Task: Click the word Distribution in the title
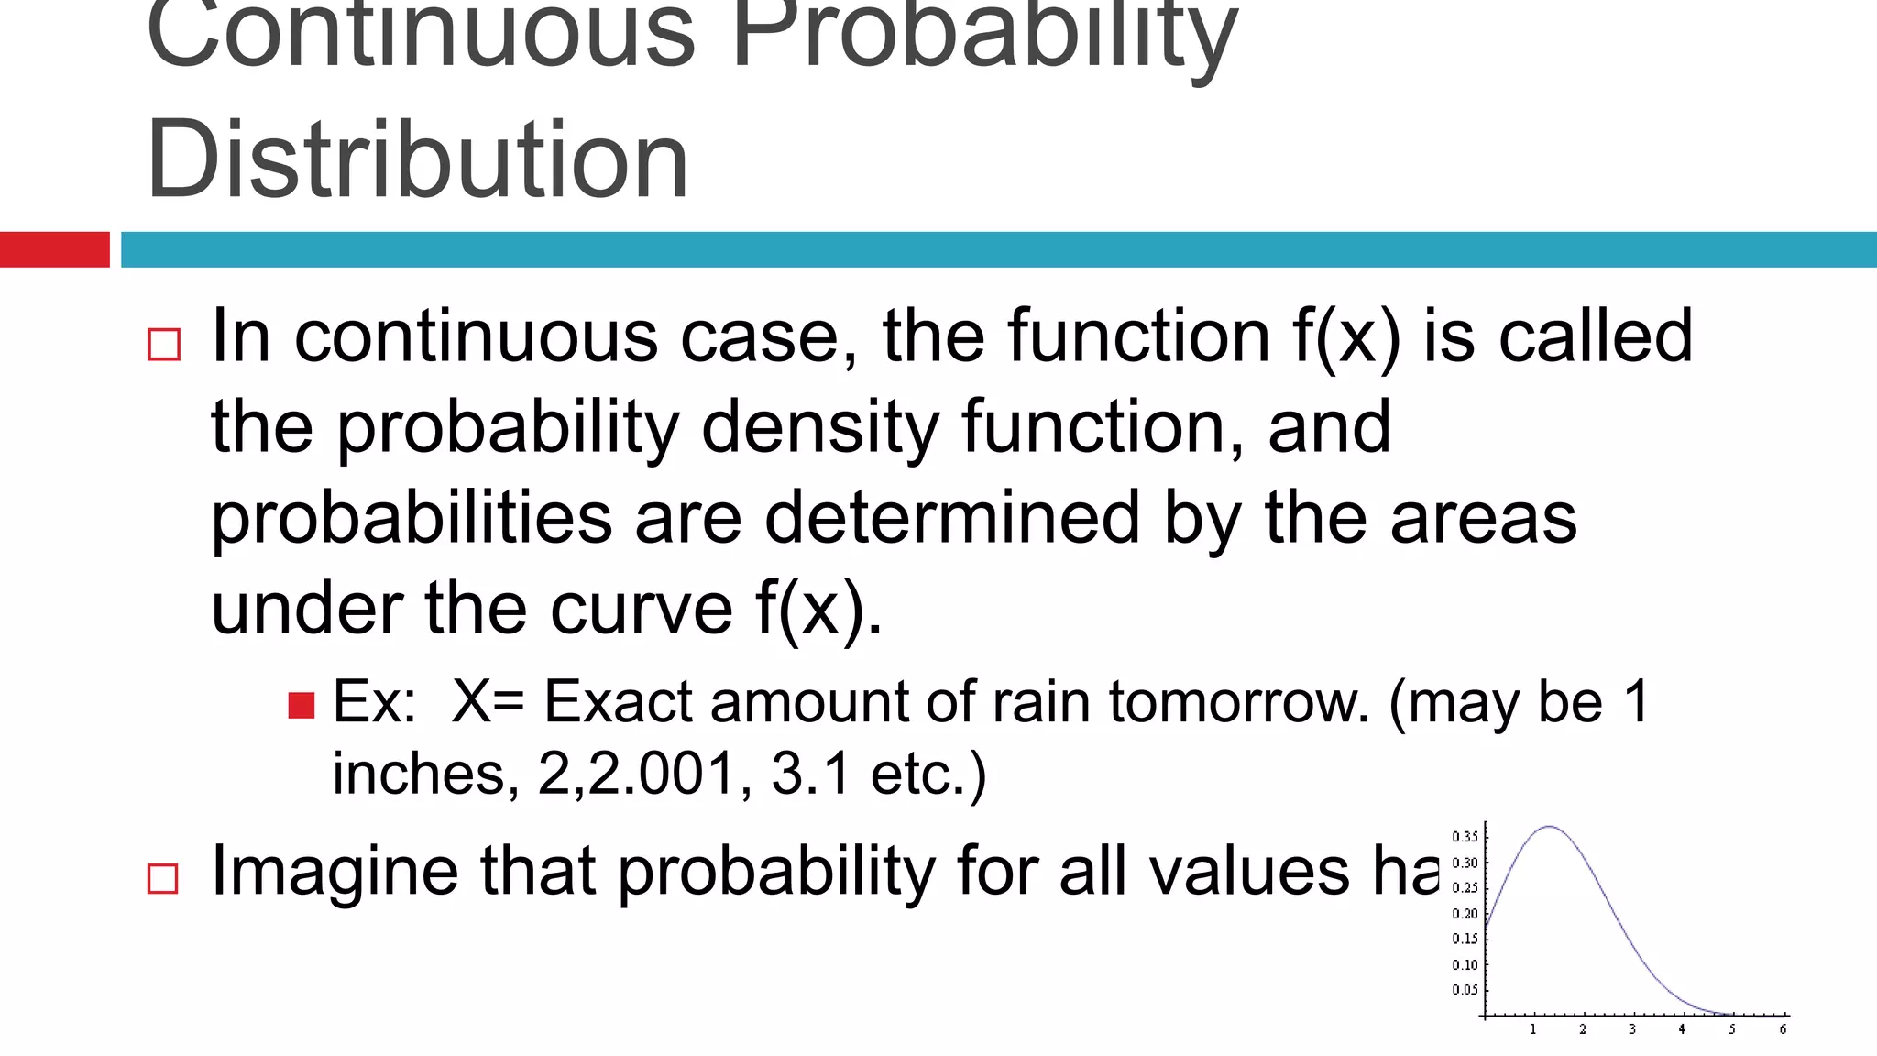[417, 160]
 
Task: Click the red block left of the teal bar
[55, 249]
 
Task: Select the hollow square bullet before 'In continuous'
[164, 345]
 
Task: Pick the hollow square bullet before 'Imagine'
[163, 878]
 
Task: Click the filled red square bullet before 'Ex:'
[301, 705]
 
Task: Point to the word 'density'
[820, 426]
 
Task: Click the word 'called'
[1595, 335]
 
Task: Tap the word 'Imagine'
[335, 871]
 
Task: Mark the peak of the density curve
[1549, 827]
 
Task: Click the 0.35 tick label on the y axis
[1465, 837]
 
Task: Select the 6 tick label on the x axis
[1783, 1029]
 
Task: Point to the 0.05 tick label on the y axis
[1465, 990]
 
